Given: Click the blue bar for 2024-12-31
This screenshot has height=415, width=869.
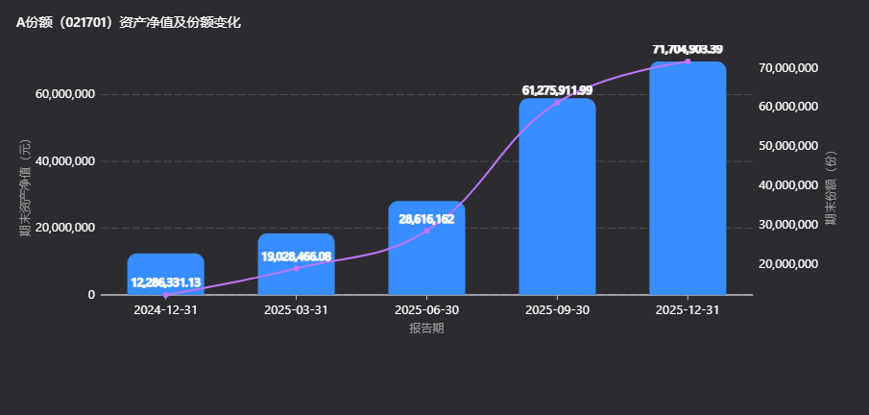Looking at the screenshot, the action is [x=166, y=274].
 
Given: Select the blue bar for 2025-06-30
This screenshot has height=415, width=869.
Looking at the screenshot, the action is [x=426, y=248].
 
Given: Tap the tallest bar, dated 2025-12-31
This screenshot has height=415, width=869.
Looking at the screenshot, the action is [x=688, y=178].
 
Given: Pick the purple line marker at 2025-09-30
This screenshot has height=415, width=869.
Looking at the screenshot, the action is [x=558, y=102].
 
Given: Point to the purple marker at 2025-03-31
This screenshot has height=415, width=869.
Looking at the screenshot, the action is [x=297, y=269].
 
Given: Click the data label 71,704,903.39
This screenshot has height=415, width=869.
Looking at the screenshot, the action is [x=688, y=49].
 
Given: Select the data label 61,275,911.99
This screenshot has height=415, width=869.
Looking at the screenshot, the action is [x=558, y=90].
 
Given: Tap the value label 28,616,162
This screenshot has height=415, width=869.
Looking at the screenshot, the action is [x=426, y=219].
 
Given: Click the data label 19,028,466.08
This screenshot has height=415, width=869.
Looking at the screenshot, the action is [x=297, y=256].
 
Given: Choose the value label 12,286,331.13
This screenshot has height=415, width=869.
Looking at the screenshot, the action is [x=166, y=282].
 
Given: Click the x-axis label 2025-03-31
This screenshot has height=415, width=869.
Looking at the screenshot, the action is [x=297, y=310].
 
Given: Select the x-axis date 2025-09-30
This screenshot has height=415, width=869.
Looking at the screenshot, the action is [x=558, y=310].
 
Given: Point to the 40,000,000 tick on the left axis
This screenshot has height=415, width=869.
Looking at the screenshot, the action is [x=65, y=161].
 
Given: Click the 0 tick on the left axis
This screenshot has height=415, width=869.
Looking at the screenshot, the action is [x=91, y=295].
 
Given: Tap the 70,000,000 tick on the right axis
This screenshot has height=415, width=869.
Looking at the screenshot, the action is [x=787, y=67].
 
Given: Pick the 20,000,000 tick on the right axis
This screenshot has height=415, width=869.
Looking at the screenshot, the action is [x=787, y=263].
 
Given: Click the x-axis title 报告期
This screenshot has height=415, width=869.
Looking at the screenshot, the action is [x=426, y=329].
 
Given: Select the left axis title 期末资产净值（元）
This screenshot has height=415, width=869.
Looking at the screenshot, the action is [x=26, y=188].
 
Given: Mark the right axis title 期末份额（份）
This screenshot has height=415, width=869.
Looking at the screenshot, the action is [x=831, y=188].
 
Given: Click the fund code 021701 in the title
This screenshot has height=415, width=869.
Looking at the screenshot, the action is [x=85, y=23].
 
